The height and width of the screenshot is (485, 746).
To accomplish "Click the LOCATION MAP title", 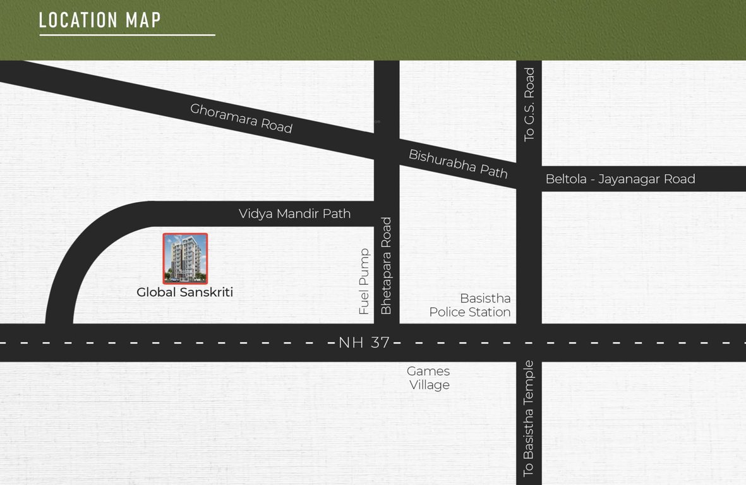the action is [x=100, y=20].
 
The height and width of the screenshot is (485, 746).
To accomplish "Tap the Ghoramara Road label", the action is [x=241, y=118].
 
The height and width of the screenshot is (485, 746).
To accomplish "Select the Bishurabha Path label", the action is [x=458, y=164].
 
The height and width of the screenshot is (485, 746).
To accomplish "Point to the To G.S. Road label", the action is [x=529, y=104].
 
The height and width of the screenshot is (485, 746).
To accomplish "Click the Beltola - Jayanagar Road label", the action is [x=620, y=179].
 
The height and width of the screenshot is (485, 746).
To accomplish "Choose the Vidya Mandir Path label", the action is [x=294, y=213].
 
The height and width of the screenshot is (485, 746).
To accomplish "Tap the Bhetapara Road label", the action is [x=387, y=266].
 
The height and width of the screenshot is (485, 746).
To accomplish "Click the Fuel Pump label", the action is [x=364, y=282].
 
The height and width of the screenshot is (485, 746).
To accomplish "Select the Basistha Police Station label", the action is [x=470, y=305].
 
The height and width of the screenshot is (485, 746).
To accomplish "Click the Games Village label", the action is [x=429, y=378].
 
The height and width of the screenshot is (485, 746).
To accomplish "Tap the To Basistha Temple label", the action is [x=529, y=418].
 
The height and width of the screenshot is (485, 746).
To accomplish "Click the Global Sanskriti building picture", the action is [x=185, y=258].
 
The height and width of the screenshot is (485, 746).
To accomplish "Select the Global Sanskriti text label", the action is [x=185, y=292].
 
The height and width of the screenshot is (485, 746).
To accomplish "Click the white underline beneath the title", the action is [x=127, y=35].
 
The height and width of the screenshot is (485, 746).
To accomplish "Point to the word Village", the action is [x=430, y=385].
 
